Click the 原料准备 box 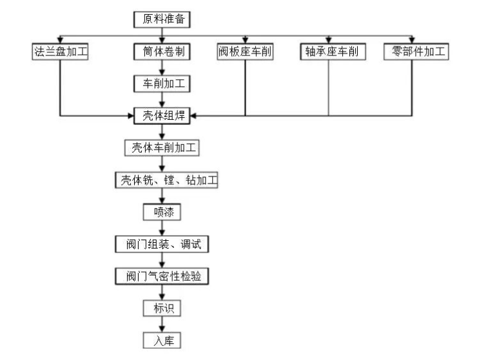coord(163,19)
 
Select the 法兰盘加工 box coord(59,52)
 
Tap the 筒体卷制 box coord(163,52)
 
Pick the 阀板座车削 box coord(245,52)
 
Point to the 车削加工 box coord(162,84)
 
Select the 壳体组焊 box coord(162,116)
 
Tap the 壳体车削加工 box coord(162,148)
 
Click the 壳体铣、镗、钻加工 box coord(166,180)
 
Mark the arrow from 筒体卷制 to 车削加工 coord(162,68)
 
